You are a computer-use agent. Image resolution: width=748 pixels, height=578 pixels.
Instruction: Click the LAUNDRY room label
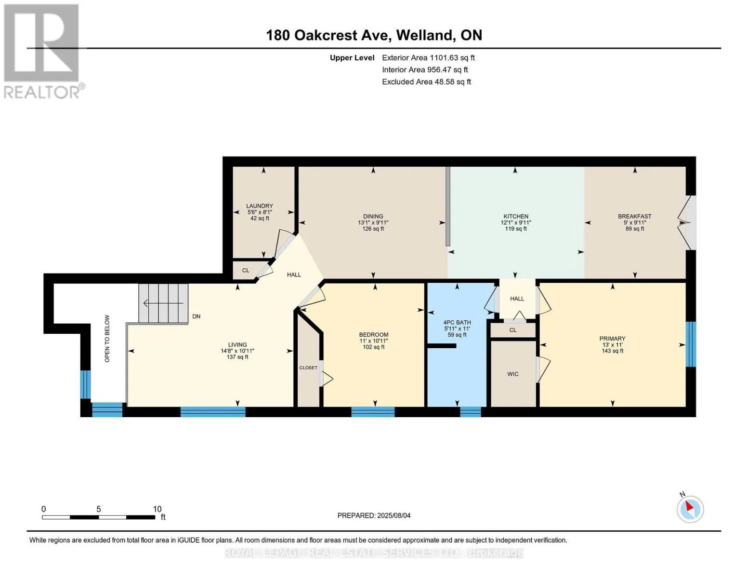[x=259, y=206]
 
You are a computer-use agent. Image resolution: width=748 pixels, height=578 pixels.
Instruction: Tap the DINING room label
[x=373, y=217]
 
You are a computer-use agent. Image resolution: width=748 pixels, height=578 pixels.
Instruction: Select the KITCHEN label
[x=516, y=217]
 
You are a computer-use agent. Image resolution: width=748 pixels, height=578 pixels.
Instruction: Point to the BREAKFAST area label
[x=634, y=217]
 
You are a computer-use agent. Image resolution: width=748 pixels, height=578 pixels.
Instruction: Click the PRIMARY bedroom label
[x=612, y=339]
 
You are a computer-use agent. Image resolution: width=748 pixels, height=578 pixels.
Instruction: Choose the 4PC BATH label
[x=457, y=323]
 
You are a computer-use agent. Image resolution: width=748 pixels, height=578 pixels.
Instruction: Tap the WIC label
[x=512, y=374]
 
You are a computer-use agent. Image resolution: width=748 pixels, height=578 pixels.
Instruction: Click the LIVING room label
[x=237, y=344]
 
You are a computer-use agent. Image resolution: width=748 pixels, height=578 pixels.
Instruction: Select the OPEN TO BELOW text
[x=107, y=339]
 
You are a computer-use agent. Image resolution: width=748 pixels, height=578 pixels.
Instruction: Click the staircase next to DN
[x=163, y=303]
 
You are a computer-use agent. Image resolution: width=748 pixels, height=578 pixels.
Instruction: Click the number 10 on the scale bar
[x=157, y=509]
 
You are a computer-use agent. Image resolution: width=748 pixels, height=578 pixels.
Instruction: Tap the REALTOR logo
[x=43, y=52]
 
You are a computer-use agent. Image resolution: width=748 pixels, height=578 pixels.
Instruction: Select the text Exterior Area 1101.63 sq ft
[x=428, y=58]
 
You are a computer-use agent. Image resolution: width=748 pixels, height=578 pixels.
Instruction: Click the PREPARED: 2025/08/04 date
[x=374, y=515]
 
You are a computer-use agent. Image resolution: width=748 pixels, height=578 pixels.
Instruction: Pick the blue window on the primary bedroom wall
[x=691, y=344]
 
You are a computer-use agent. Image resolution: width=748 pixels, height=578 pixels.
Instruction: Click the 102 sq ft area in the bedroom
[x=373, y=347]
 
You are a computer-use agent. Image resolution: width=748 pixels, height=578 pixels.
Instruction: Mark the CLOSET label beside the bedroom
[x=308, y=368]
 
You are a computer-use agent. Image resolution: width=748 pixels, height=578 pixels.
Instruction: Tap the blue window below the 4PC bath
[x=471, y=412]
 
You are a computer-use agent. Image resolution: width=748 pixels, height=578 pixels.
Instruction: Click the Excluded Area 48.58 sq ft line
[x=426, y=82]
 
